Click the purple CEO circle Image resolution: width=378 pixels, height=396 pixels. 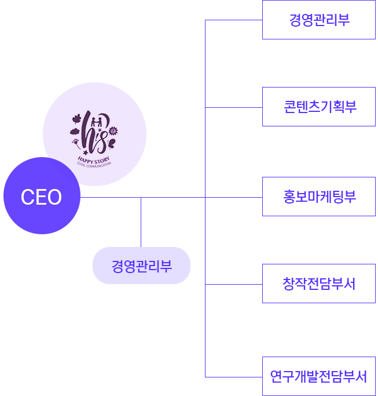pyautogui.click(x=42, y=196)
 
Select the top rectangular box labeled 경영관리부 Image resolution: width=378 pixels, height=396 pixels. pyautogui.click(x=319, y=20)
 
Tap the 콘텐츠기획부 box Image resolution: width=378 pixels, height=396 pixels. pyautogui.click(x=319, y=107)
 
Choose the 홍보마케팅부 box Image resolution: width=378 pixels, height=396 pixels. pyautogui.click(x=319, y=197)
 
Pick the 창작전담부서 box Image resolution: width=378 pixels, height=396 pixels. pyautogui.click(x=319, y=284)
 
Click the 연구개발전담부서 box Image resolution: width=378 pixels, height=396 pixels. pyautogui.click(x=319, y=376)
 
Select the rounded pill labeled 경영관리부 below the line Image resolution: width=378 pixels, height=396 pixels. pyautogui.click(x=141, y=266)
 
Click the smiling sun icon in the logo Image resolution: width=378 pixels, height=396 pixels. pyautogui.click(x=113, y=130)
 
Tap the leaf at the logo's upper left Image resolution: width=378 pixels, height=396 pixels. pyautogui.click(x=76, y=120)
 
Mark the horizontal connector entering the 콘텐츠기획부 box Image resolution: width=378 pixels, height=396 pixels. pyautogui.click(x=234, y=107)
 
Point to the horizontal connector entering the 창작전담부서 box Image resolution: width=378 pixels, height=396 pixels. pyautogui.click(x=234, y=284)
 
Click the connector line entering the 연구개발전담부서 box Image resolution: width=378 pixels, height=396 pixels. pyautogui.click(x=234, y=377)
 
